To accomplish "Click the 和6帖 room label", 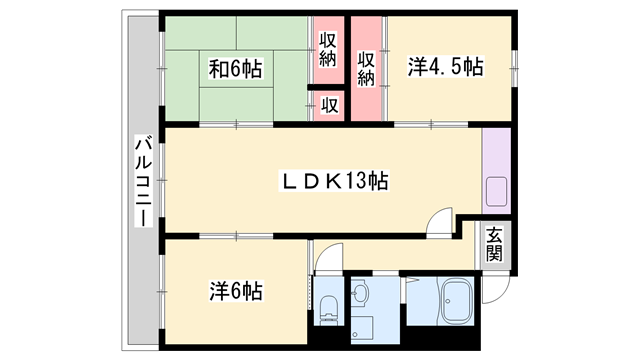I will pyautogui.click(x=236, y=69).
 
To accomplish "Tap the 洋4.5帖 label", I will pyautogui.click(x=445, y=67).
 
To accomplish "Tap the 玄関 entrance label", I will pyautogui.click(x=494, y=245).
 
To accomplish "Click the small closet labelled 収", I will pyautogui.click(x=327, y=104).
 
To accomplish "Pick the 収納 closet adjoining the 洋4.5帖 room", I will pyautogui.click(x=367, y=66).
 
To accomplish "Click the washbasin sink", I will pyautogui.click(x=361, y=293).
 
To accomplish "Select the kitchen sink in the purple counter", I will pyautogui.click(x=496, y=190).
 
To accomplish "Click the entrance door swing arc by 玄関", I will pyautogui.click(x=494, y=291).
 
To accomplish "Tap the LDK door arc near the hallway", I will pyautogui.click(x=437, y=222).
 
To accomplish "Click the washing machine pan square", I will pyautogui.click(x=361, y=329).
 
